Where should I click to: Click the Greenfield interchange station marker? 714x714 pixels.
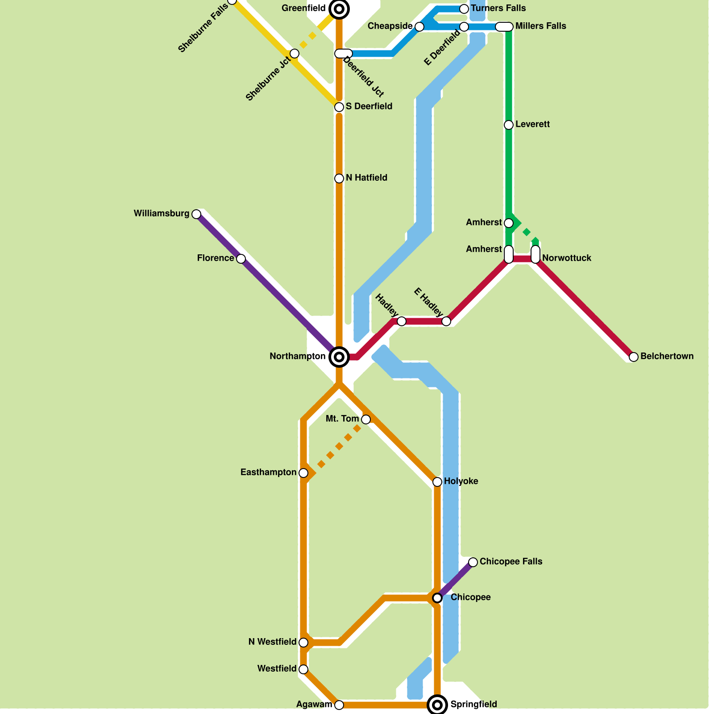(x=339, y=8)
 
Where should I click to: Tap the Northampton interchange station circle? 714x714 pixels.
(x=339, y=357)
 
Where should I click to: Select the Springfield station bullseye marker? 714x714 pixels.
(x=437, y=705)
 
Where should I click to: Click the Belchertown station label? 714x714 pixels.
(x=667, y=356)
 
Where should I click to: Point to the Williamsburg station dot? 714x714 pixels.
(x=196, y=214)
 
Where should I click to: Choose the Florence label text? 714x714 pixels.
(x=216, y=258)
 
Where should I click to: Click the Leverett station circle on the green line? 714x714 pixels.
(x=509, y=125)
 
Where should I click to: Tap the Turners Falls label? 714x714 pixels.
(x=498, y=8)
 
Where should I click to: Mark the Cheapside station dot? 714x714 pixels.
(x=419, y=27)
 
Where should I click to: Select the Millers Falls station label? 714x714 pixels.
(x=540, y=26)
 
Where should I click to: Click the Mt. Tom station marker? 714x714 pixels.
(x=366, y=419)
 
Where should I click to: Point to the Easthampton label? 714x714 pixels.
(x=268, y=472)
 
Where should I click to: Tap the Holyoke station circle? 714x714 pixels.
(x=437, y=482)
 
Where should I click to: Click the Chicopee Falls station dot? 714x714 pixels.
(x=473, y=562)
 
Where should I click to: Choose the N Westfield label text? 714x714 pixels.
(x=272, y=642)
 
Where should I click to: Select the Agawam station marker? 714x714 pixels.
(x=339, y=705)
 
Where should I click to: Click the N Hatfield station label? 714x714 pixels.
(x=366, y=178)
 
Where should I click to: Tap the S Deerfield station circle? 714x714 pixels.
(x=339, y=107)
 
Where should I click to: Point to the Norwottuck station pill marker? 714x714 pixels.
(x=535, y=254)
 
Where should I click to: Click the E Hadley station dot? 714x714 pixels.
(x=446, y=321)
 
